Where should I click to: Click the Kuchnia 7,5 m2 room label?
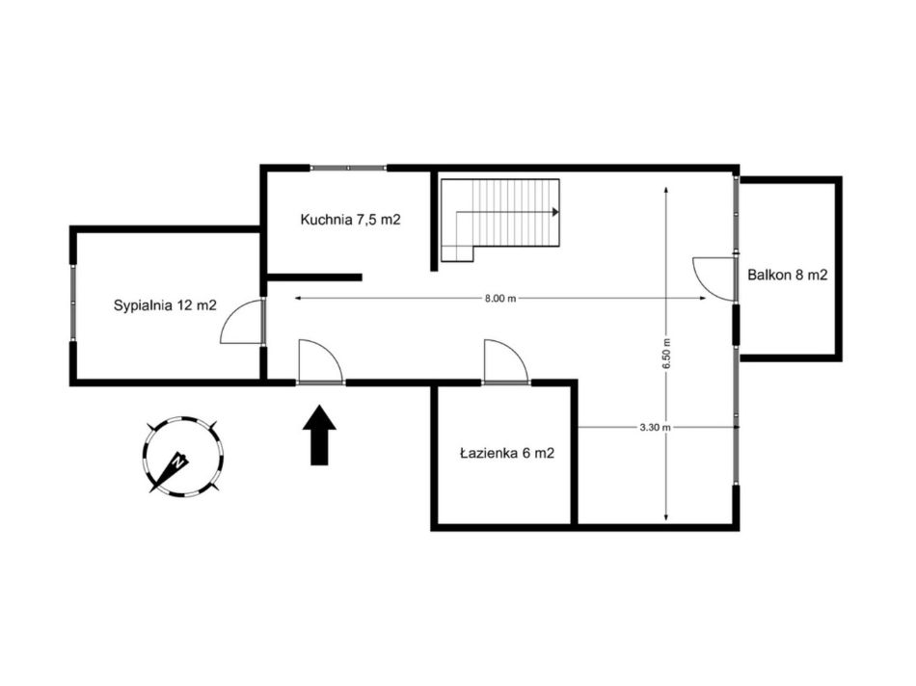coord(351,220)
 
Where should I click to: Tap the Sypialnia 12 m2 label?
coord(165,304)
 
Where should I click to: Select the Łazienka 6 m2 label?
coord(507,453)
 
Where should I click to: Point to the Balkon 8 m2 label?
coord(788,275)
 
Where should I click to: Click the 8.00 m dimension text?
coord(500,299)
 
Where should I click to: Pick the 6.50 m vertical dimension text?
coord(666,354)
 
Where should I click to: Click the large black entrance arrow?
coord(319,435)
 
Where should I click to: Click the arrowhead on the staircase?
coord(555,213)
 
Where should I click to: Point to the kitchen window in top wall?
coord(348,168)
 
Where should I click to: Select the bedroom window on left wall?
coord(73,303)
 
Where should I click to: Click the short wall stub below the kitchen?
coord(314,277)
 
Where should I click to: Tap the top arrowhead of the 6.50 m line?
coord(666,189)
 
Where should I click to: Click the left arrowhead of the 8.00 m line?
coord(298,299)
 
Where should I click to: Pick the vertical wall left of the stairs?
coord(434,221)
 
